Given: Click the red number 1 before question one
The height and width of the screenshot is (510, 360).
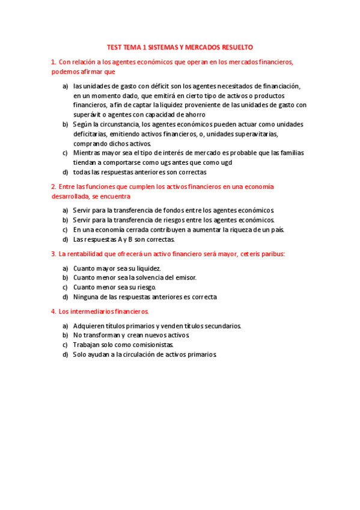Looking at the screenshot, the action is [x=53, y=61].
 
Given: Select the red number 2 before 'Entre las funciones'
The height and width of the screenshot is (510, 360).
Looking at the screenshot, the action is [x=53, y=187].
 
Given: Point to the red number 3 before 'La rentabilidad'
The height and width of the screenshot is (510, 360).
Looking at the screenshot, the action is [x=53, y=254].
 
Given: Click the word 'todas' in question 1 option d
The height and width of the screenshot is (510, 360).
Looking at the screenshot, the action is [x=81, y=171].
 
